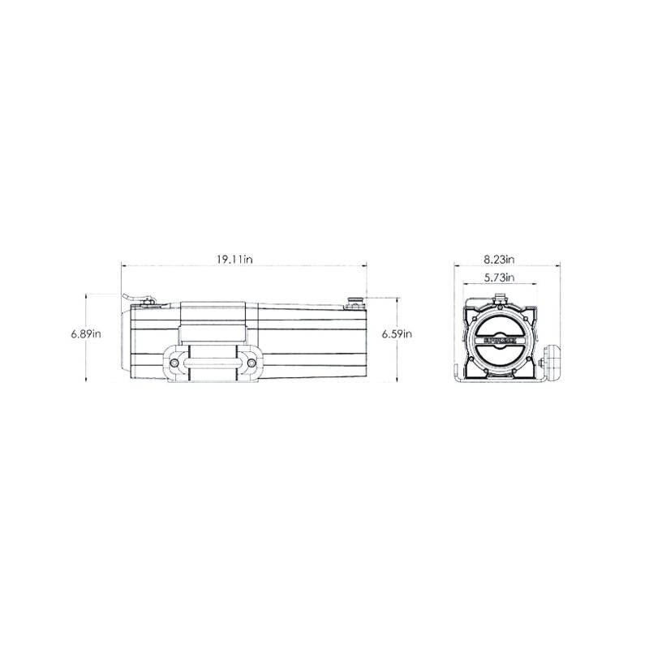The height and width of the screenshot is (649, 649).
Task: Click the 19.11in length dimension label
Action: [235, 260]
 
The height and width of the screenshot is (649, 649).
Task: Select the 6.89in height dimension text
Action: [84, 333]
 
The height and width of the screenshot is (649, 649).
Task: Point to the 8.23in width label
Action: [500, 260]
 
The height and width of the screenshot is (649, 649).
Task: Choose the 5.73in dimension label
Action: [500, 278]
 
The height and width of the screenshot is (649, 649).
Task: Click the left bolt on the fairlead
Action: [176, 361]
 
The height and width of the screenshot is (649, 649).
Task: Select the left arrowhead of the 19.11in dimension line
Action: [123, 264]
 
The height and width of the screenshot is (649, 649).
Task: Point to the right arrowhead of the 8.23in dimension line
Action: [560, 264]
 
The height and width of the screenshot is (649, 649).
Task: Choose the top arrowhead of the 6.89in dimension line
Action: [85, 294]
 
